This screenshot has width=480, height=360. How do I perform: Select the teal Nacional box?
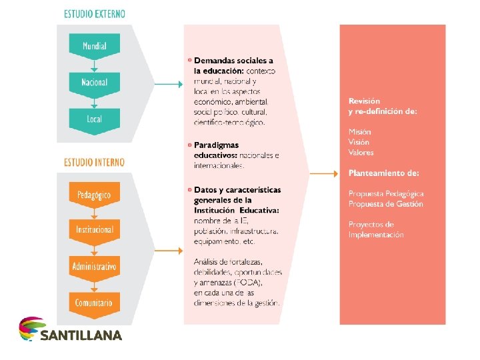(x=94, y=83)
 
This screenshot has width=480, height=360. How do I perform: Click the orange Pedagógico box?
(x=94, y=195)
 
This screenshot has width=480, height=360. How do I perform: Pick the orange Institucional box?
(x=94, y=230)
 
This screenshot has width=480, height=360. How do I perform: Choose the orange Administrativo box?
(x=94, y=267)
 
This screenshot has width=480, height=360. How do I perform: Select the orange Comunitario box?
(x=94, y=303)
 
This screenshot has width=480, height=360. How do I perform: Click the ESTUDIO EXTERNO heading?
(x=94, y=14)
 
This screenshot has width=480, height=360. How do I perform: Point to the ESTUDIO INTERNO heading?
(x=94, y=162)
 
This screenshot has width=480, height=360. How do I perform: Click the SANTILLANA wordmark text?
(x=81, y=335)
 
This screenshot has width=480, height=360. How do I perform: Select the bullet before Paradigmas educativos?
(x=189, y=145)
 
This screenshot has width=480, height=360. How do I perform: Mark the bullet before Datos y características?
(x=189, y=190)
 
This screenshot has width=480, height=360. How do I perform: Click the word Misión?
(x=359, y=131)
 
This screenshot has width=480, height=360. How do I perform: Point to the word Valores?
(x=361, y=153)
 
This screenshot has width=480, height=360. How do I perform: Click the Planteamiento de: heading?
(x=383, y=173)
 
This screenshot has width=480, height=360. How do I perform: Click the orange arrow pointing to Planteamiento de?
(x=324, y=173)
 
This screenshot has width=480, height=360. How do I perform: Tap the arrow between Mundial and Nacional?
(x=94, y=65)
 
